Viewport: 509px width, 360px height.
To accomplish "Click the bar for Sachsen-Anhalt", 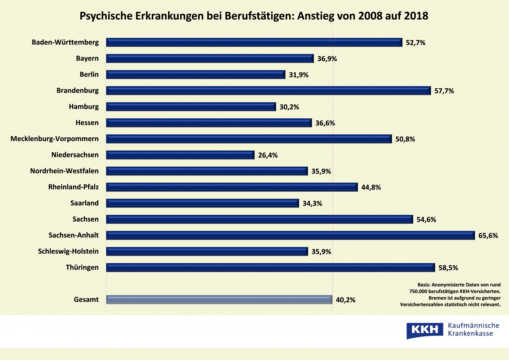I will point(290,235).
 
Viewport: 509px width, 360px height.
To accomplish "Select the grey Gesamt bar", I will point(219,300).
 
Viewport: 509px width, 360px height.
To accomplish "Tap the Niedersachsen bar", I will point(180,155).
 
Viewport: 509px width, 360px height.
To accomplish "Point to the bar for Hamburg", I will point(191,107).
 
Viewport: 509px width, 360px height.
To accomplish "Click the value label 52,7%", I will point(415,43).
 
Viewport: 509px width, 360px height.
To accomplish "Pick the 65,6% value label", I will point(488,236).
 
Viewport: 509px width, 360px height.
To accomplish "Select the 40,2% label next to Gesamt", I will point(345,300).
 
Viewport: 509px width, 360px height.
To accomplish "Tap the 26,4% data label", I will point(268,155).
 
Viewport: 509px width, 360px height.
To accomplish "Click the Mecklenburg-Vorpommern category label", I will point(54,139).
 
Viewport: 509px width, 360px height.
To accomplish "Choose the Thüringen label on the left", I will point(82,267).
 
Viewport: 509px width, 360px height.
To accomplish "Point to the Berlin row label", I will point(89,75).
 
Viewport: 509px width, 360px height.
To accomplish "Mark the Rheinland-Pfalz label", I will point(73,187).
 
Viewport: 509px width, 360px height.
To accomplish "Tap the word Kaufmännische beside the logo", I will point(473,326).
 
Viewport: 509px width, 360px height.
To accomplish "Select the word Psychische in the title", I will point(106,16).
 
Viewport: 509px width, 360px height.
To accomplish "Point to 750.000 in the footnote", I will point(418,292).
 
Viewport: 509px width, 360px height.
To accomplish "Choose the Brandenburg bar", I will point(268,91).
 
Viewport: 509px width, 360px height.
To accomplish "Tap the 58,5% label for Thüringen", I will point(448,268).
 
